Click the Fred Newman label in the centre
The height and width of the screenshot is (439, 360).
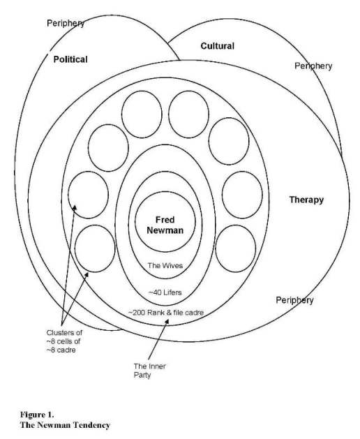(165, 225)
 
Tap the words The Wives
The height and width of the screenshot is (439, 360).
(165, 265)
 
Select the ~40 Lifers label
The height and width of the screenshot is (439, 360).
(165, 292)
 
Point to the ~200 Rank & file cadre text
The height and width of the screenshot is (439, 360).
(166, 312)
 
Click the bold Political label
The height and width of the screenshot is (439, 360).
(70, 59)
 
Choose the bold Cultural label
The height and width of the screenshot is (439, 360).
(218, 46)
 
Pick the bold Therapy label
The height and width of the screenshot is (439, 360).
(306, 200)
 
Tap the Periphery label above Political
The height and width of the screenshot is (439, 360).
(66, 23)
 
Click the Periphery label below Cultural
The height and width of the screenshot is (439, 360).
(313, 66)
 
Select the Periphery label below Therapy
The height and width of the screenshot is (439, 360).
(294, 300)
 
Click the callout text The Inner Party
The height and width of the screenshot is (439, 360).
(149, 371)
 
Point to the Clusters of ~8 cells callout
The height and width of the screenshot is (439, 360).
(64, 341)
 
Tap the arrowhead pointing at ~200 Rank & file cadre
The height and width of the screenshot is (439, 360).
(167, 322)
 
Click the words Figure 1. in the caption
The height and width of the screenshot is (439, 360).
(37, 415)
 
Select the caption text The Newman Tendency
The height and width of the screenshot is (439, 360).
(65, 425)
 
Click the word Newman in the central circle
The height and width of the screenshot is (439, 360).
(165, 230)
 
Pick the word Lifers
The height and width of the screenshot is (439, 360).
(173, 292)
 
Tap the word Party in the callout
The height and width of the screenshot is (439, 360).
(142, 375)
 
